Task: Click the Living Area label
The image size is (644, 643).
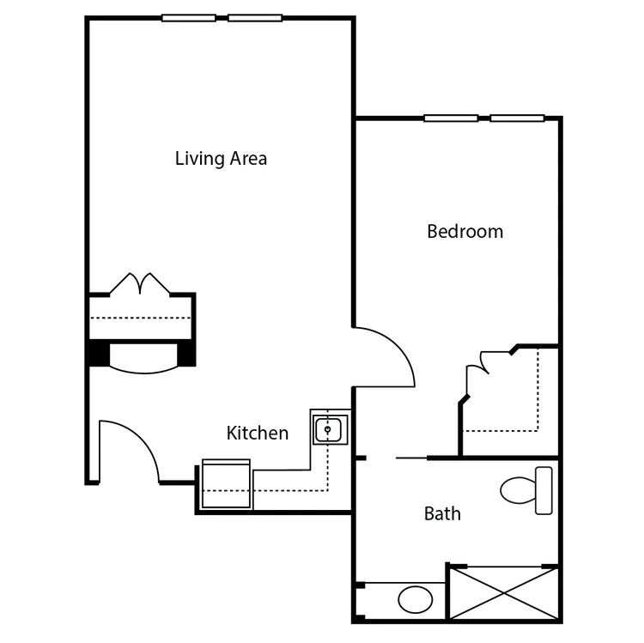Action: pos(221,159)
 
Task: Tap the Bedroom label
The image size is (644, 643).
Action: pos(465,231)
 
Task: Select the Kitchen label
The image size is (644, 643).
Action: pos(258,434)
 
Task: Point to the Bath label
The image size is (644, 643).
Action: pos(442,513)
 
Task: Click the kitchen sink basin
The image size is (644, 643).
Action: pos(328,429)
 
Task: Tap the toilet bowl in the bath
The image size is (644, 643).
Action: pos(518,490)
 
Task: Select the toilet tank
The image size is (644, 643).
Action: pos(544,490)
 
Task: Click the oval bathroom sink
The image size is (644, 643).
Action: pos(416,599)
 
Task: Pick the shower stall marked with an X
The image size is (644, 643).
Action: pos(504,593)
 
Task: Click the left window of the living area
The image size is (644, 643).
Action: pos(189,18)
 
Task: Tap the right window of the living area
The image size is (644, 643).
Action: pos(255,18)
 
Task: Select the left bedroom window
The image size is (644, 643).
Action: pos(451,118)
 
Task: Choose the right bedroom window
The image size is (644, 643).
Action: pos(518,118)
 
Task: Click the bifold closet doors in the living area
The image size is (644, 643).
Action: pos(140,283)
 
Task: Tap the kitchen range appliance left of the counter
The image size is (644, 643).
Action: pos(226,484)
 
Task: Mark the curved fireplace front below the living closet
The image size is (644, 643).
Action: pos(143,369)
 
